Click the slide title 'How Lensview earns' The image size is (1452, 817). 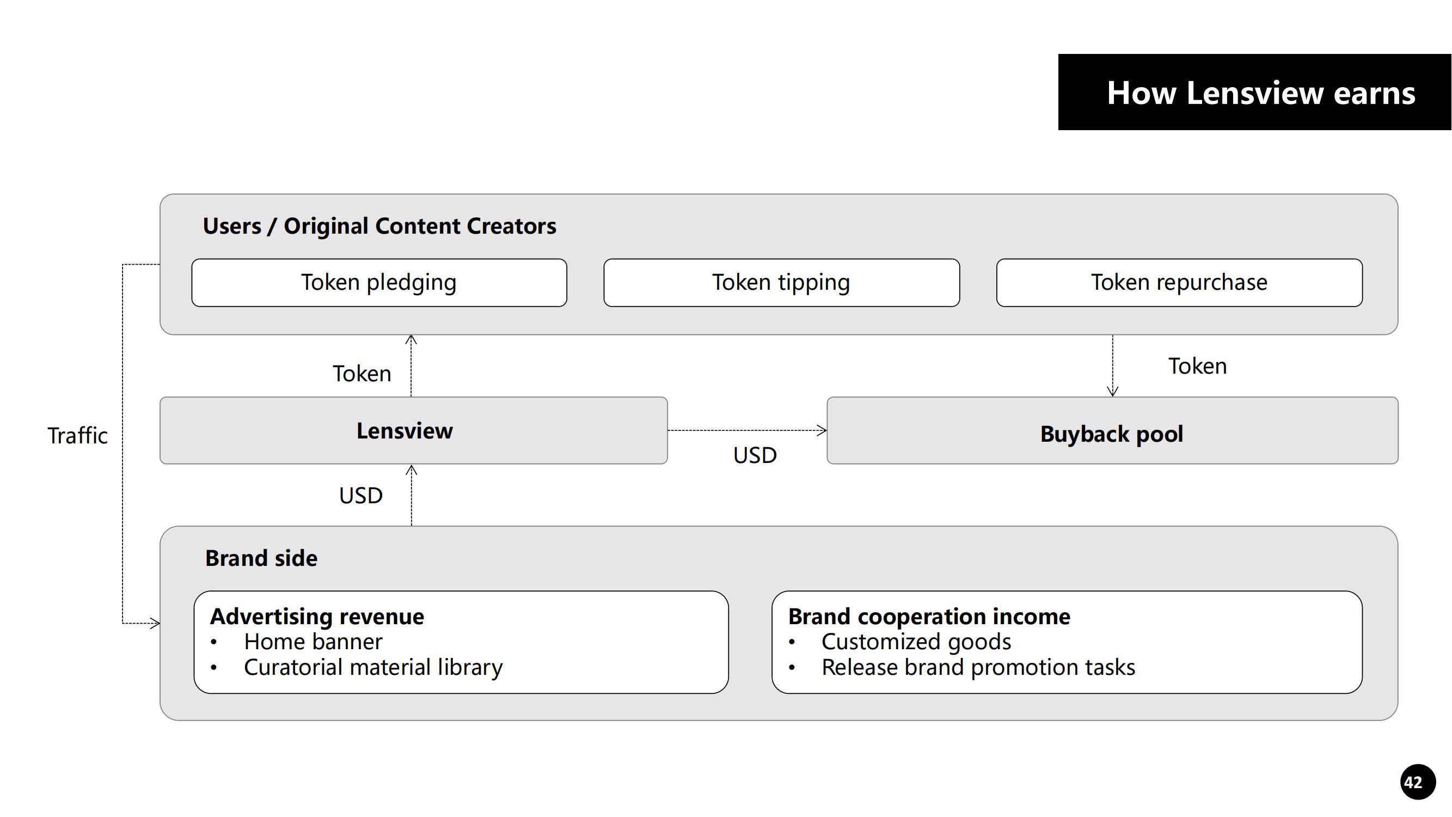(1260, 93)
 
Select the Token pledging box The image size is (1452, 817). (379, 283)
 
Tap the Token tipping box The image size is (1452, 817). (781, 283)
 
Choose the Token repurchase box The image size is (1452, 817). (1179, 283)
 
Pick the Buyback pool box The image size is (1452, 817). (1112, 433)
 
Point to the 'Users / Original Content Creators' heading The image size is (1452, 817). (379, 226)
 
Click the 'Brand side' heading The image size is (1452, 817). (261, 558)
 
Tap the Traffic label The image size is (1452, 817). (77, 436)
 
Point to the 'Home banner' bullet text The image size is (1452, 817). (313, 642)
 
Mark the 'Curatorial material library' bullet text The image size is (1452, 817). (372, 668)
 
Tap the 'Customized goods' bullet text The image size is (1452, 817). (916, 642)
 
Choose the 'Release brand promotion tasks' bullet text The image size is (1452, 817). (978, 668)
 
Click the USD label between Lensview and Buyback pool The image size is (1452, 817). (755, 455)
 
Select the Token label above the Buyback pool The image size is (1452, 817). (1197, 367)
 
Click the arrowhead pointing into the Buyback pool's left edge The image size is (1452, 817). (823, 431)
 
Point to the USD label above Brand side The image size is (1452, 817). (361, 496)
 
